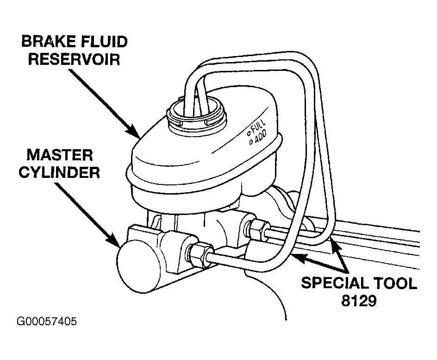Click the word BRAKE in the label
49,42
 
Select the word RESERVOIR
74,59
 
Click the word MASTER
60,155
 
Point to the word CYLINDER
59,172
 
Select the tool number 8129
359,301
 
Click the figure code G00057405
47,322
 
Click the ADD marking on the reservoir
261,136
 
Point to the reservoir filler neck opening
196,112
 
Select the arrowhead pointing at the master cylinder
114,240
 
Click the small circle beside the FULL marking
248,133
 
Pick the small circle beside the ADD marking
251,142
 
